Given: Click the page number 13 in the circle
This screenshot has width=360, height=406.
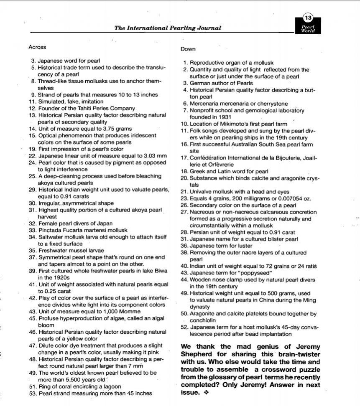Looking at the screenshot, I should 308,18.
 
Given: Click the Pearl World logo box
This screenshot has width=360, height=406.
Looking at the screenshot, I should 308,28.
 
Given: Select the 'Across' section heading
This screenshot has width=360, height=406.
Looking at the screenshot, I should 38,47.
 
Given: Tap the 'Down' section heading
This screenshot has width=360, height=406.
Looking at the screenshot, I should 188,49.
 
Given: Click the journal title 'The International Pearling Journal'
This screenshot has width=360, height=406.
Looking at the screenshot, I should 168,28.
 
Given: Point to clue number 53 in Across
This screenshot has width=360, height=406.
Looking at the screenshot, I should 33,393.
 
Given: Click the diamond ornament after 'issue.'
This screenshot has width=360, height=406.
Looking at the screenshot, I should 205,393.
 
